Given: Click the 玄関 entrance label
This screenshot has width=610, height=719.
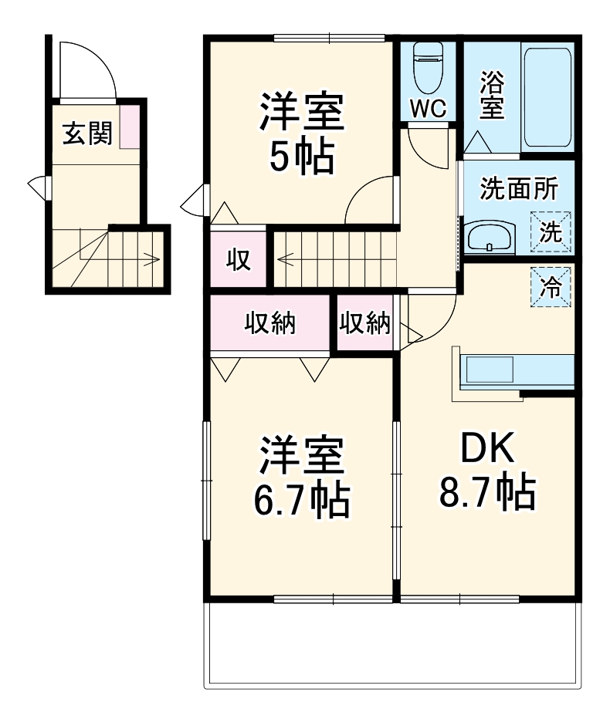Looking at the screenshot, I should (x=87, y=133).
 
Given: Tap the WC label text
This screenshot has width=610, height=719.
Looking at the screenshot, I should (x=428, y=109).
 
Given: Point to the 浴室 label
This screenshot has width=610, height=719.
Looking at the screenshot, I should (x=492, y=96).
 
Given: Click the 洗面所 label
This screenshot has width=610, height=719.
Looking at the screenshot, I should (x=517, y=190).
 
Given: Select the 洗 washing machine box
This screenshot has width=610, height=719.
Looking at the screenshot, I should (x=551, y=231).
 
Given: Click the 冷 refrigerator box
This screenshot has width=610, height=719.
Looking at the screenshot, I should (x=551, y=287).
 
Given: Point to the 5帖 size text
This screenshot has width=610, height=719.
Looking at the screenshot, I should (x=301, y=157).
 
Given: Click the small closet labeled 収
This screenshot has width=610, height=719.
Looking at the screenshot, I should (x=238, y=260).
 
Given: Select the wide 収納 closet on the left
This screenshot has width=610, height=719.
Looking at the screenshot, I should (x=270, y=324).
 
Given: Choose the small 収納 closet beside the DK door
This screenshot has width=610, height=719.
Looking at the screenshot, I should (x=365, y=324).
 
